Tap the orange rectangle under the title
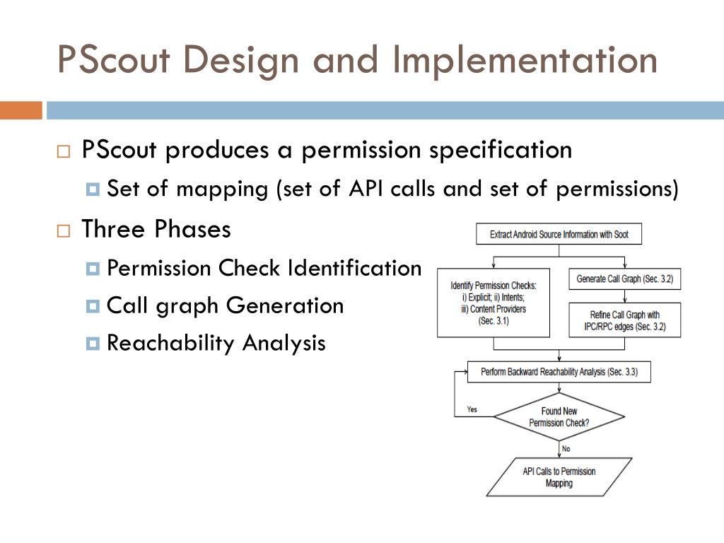pos(21,110)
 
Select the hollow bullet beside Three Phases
pos(64,230)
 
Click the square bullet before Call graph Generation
pos(93,307)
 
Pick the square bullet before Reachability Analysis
pos(93,344)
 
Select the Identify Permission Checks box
pos(494,303)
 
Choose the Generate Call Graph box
pos(624,279)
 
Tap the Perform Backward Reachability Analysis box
pos(559,371)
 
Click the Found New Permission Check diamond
pos(559,417)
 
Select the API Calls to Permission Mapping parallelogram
pos(559,477)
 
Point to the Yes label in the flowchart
pos(472,409)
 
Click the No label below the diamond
pos(566,449)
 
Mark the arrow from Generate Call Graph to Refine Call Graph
pos(624,296)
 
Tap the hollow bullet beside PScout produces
pos(64,151)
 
